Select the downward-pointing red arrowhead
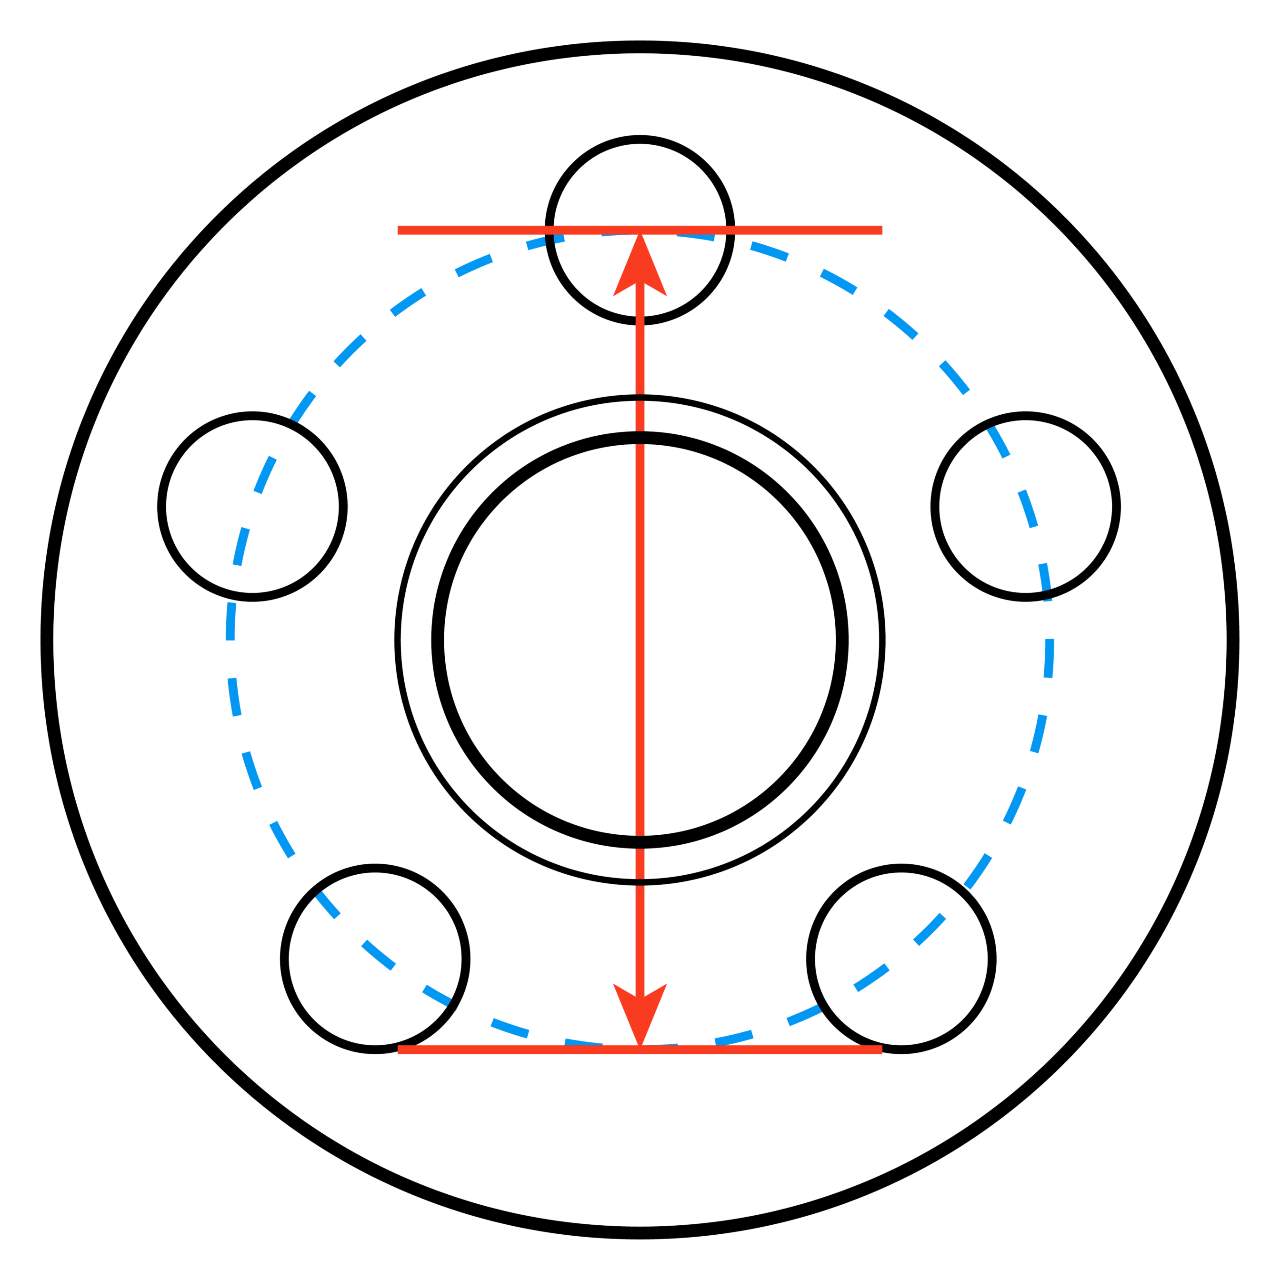point(640,1010)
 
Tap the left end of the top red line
point(400,229)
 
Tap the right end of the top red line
point(880,229)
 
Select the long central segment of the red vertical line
point(640,640)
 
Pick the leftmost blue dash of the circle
point(230,621)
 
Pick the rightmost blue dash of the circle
point(1049,659)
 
